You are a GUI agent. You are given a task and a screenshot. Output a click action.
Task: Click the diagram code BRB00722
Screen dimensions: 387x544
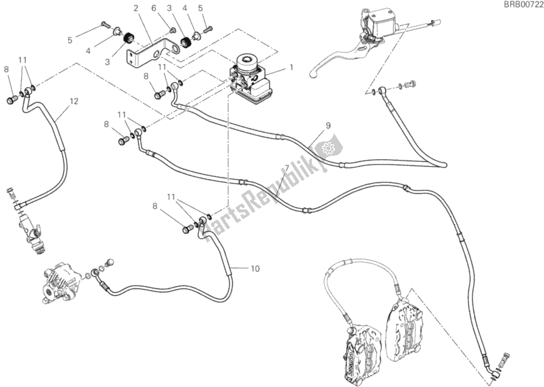[x=519, y=6]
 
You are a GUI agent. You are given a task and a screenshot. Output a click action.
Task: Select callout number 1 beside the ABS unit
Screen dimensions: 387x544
[x=291, y=67]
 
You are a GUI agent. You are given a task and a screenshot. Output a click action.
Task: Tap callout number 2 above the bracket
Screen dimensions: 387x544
[x=136, y=8]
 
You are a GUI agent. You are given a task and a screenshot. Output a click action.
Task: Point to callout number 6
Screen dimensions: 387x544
[x=154, y=8]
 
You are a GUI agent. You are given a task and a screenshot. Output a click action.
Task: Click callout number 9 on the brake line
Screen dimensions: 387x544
[x=327, y=125]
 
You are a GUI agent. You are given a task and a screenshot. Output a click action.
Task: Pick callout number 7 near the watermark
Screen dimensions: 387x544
[x=287, y=168]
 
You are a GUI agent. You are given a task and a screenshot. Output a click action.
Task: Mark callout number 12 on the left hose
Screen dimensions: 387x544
[x=74, y=101]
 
